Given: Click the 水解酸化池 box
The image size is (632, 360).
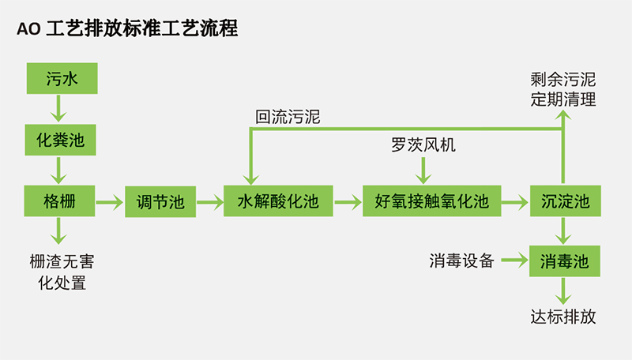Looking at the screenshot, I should click(x=277, y=203).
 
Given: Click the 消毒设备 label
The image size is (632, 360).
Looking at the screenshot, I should click(x=461, y=260).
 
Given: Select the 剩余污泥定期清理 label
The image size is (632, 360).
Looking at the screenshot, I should click(x=562, y=90).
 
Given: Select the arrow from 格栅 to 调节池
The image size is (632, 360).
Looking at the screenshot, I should click(x=110, y=203).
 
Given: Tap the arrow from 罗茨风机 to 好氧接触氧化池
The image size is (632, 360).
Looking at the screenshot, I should click(x=425, y=169).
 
